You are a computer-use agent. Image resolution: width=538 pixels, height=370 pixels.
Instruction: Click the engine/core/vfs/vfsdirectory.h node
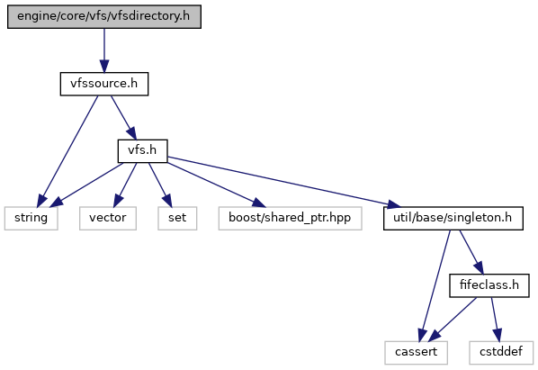(104, 16)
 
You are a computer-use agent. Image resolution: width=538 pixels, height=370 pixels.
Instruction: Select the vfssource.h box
(104, 84)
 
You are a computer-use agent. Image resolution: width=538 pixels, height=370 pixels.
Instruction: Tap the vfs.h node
(142, 151)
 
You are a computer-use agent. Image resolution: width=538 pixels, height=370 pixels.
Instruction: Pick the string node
(31, 218)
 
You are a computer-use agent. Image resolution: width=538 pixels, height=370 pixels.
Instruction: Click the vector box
(108, 218)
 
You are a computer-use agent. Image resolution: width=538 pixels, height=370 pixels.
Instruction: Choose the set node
(177, 218)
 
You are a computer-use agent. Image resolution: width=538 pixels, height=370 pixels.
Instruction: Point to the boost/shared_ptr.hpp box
(290, 218)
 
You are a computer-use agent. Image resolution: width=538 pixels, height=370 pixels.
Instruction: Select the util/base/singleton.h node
(453, 218)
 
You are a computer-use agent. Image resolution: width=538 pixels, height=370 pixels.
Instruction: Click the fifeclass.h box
(489, 285)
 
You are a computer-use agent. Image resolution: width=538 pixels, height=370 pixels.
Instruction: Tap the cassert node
(416, 353)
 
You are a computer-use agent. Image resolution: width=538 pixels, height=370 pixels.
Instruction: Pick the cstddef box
(501, 353)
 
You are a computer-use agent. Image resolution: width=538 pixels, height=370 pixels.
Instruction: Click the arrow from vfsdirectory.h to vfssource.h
(104, 50)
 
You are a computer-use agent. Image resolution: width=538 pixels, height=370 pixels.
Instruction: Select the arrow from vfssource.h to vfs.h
(123, 118)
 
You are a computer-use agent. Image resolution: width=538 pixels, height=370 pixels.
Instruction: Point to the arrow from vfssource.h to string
(68, 151)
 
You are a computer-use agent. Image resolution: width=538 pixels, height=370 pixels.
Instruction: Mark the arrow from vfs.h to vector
(125, 185)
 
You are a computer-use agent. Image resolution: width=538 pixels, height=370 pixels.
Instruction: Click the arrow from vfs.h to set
(159, 185)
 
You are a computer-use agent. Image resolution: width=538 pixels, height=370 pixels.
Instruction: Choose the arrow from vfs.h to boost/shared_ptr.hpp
(217, 185)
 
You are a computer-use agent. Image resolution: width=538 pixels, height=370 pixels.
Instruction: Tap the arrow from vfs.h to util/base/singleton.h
(284, 182)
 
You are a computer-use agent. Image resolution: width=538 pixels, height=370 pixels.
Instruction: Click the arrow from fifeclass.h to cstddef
(495, 320)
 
